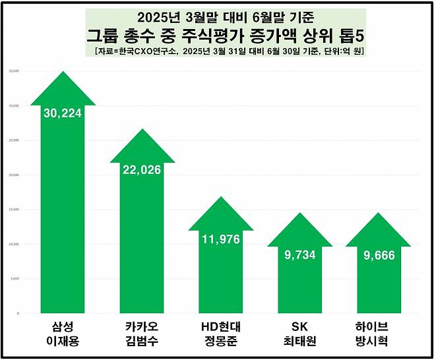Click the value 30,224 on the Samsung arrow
(x=63, y=113)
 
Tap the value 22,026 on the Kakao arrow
(x=142, y=169)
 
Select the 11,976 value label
(x=220, y=238)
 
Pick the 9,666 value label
(x=378, y=255)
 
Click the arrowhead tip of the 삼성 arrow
(x=63, y=74)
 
